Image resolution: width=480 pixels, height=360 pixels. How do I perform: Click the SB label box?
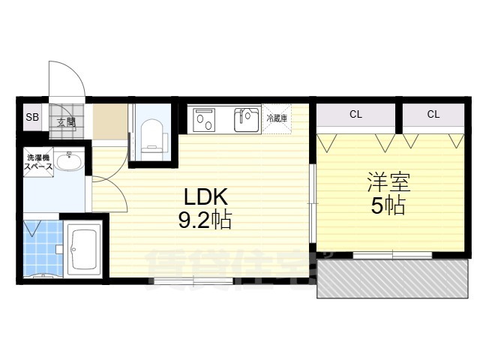[32, 117]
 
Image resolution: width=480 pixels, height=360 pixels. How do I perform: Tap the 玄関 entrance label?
[64, 120]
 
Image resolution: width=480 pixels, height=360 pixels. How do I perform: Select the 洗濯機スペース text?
[40, 163]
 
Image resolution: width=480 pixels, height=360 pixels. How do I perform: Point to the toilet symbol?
[154, 136]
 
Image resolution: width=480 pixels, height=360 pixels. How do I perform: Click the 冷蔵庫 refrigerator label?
[277, 118]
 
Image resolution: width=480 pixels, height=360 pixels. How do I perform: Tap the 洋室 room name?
[388, 182]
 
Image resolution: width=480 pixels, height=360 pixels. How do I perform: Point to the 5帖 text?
[388, 205]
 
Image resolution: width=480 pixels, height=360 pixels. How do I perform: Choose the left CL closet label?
[355, 114]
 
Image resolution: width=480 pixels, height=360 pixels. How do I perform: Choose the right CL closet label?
[433, 114]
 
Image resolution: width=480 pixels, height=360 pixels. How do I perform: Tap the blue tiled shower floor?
[41, 247]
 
